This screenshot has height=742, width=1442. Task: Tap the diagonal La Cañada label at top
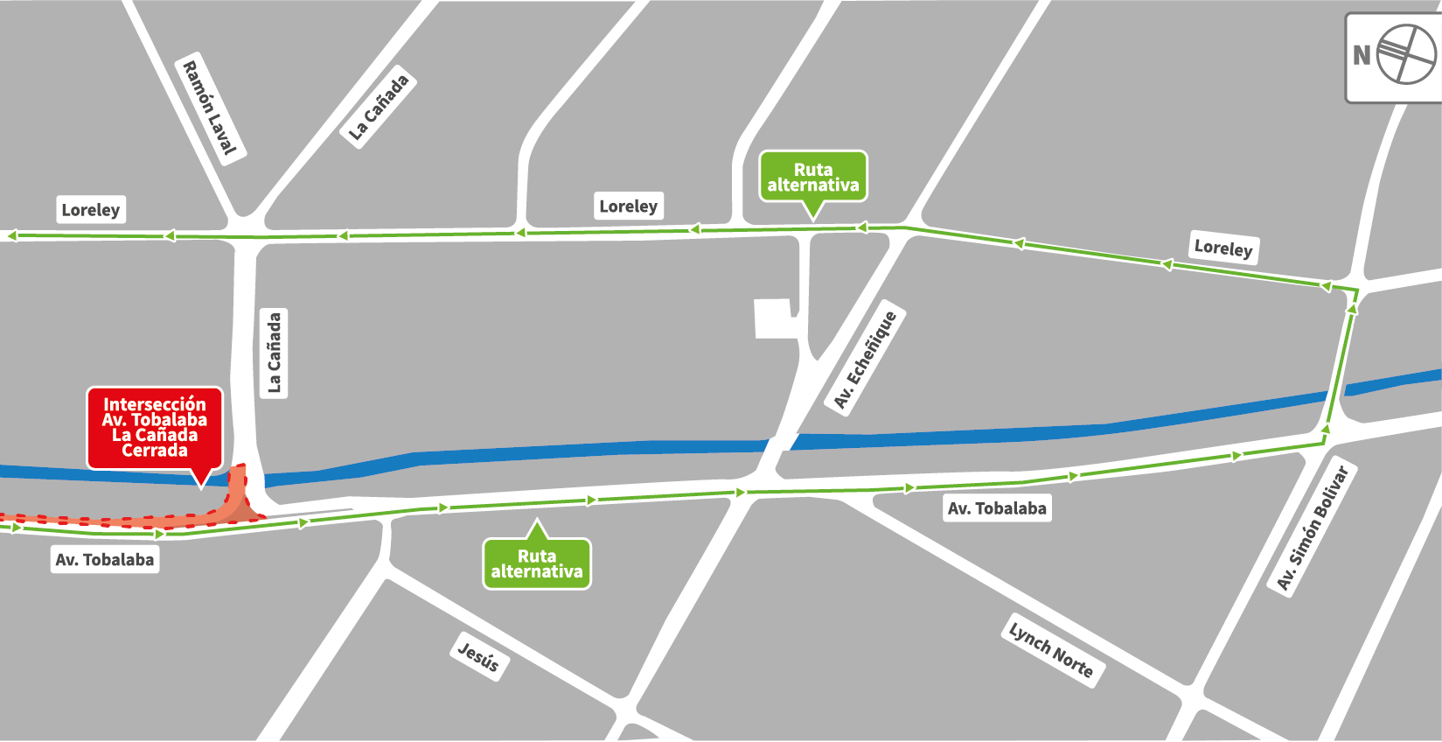tap(378, 108)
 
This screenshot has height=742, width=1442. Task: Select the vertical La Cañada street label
tap(274, 353)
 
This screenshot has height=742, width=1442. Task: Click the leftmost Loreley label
tap(91, 210)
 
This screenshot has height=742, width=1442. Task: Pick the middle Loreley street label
tap(628, 206)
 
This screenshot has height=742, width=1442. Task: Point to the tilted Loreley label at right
tap(1223, 248)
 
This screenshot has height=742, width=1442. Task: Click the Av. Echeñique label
tap(865, 360)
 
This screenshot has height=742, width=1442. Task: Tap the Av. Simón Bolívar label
tap(1312, 528)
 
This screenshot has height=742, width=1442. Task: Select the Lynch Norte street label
tap(1050, 650)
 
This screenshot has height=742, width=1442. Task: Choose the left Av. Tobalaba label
tap(104, 560)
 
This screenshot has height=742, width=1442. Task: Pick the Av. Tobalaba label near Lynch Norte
tap(997, 508)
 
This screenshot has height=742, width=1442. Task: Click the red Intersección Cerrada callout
tap(155, 428)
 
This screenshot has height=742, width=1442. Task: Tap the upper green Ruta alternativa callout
tap(813, 178)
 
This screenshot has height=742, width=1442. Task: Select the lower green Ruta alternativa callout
tap(537, 564)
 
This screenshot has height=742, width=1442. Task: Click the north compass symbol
tap(1405, 55)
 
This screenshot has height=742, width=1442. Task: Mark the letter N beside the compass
tap(1362, 56)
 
